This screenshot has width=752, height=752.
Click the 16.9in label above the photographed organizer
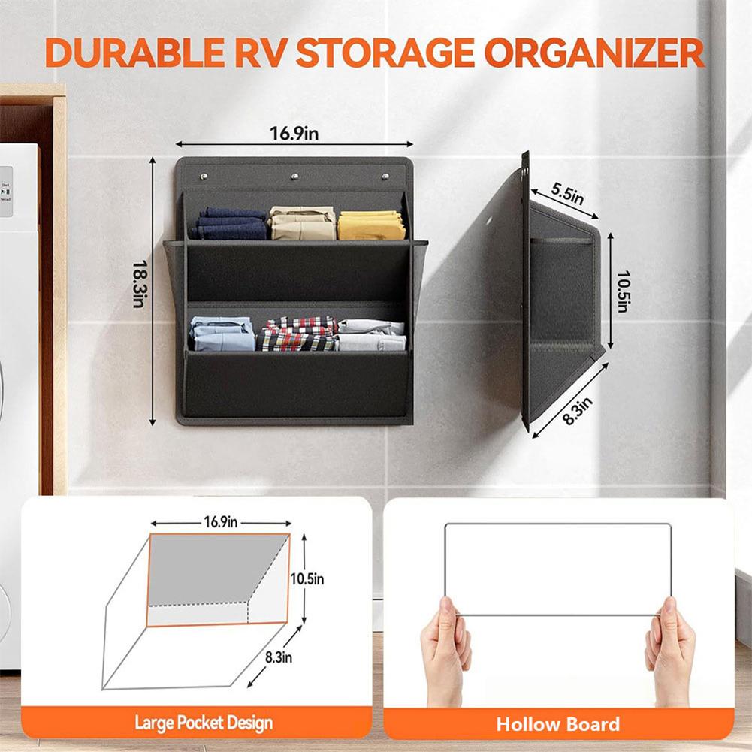pyautogui.click(x=294, y=134)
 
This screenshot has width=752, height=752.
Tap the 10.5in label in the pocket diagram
pyautogui.click(x=307, y=578)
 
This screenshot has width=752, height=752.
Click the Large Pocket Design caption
pyautogui.click(x=204, y=723)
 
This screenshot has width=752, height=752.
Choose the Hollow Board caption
pyautogui.click(x=558, y=724)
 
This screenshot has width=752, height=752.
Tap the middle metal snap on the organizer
pyautogui.click(x=294, y=177)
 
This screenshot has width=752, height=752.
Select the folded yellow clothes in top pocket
pyautogui.click(x=371, y=225)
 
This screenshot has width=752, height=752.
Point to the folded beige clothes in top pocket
pyautogui.click(x=303, y=223)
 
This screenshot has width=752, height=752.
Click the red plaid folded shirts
pyautogui.click(x=298, y=334)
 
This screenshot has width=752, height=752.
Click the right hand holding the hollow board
pyautogui.click(x=670, y=648)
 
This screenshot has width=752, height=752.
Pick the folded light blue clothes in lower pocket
pyautogui.click(x=222, y=334)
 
